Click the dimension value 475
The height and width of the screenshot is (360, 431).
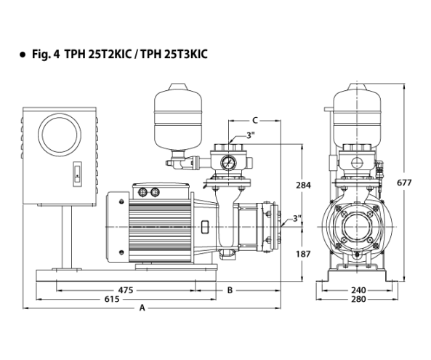(x=126, y=290)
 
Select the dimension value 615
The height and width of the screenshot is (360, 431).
(x=112, y=299)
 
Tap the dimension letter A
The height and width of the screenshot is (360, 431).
(x=142, y=308)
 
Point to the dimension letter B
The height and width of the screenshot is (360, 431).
(x=230, y=290)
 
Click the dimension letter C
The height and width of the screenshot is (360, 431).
(x=255, y=121)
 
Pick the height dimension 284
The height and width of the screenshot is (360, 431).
(x=303, y=185)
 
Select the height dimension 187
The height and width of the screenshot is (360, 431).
(x=303, y=254)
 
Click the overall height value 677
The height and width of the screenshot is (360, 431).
(x=404, y=183)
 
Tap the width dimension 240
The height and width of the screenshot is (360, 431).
(x=358, y=290)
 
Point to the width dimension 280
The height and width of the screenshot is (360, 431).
(x=358, y=299)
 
